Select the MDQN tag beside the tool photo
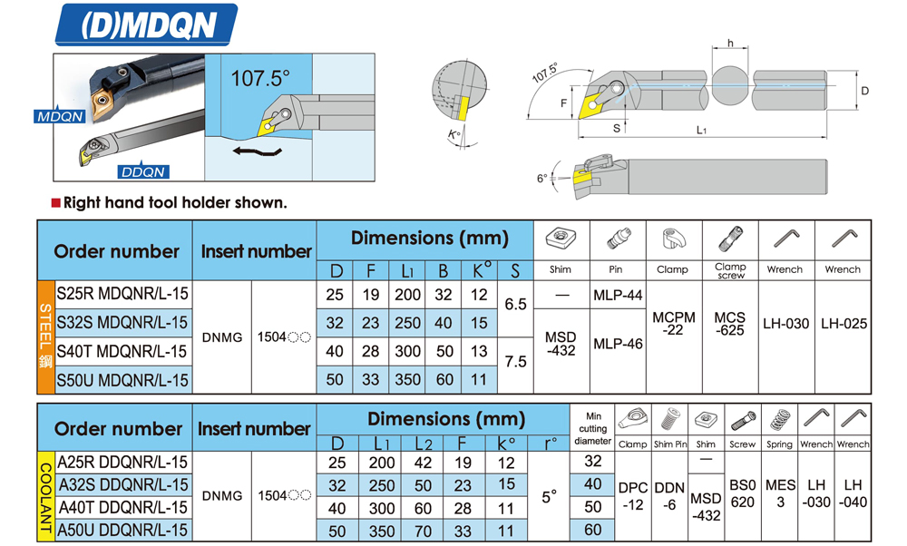pyautogui.click(x=60, y=117)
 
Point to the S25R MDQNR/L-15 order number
pyautogui.click(x=122, y=295)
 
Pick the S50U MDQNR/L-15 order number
pyautogui.click(x=122, y=380)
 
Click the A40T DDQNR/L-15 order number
pyautogui.click(x=122, y=507)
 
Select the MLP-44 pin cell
pyautogui.click(x=618, y=296)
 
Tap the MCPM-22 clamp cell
pyautogui.click(x=674, y=324)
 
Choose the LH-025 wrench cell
pyautogui.click(x=844, y=324)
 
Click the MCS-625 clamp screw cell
pyautogui.click(x=729, y=324)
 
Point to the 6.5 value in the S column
pyautogui.click(x=515, y=305)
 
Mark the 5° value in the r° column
pyautogui.click(x=550, y=496)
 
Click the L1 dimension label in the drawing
pyautogui.click(x=701, y=130)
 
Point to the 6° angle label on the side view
pyautogui.click(x=541, y=179)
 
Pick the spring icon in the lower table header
pyautogui.click(x=779, y=421)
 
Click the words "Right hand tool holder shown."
pyautogui.click(x=174, y=202)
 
